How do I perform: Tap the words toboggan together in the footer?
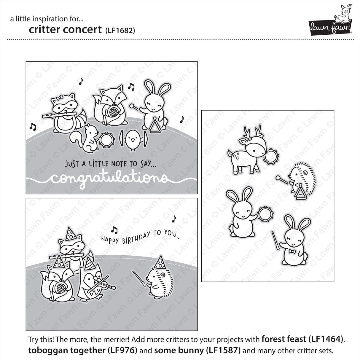click(x=63, y=350)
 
